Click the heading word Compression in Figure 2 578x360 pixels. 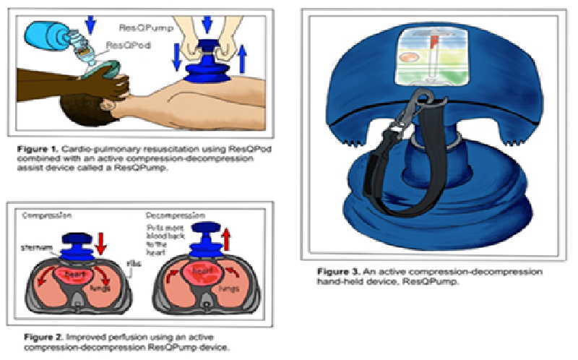click(x=46, y=215)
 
